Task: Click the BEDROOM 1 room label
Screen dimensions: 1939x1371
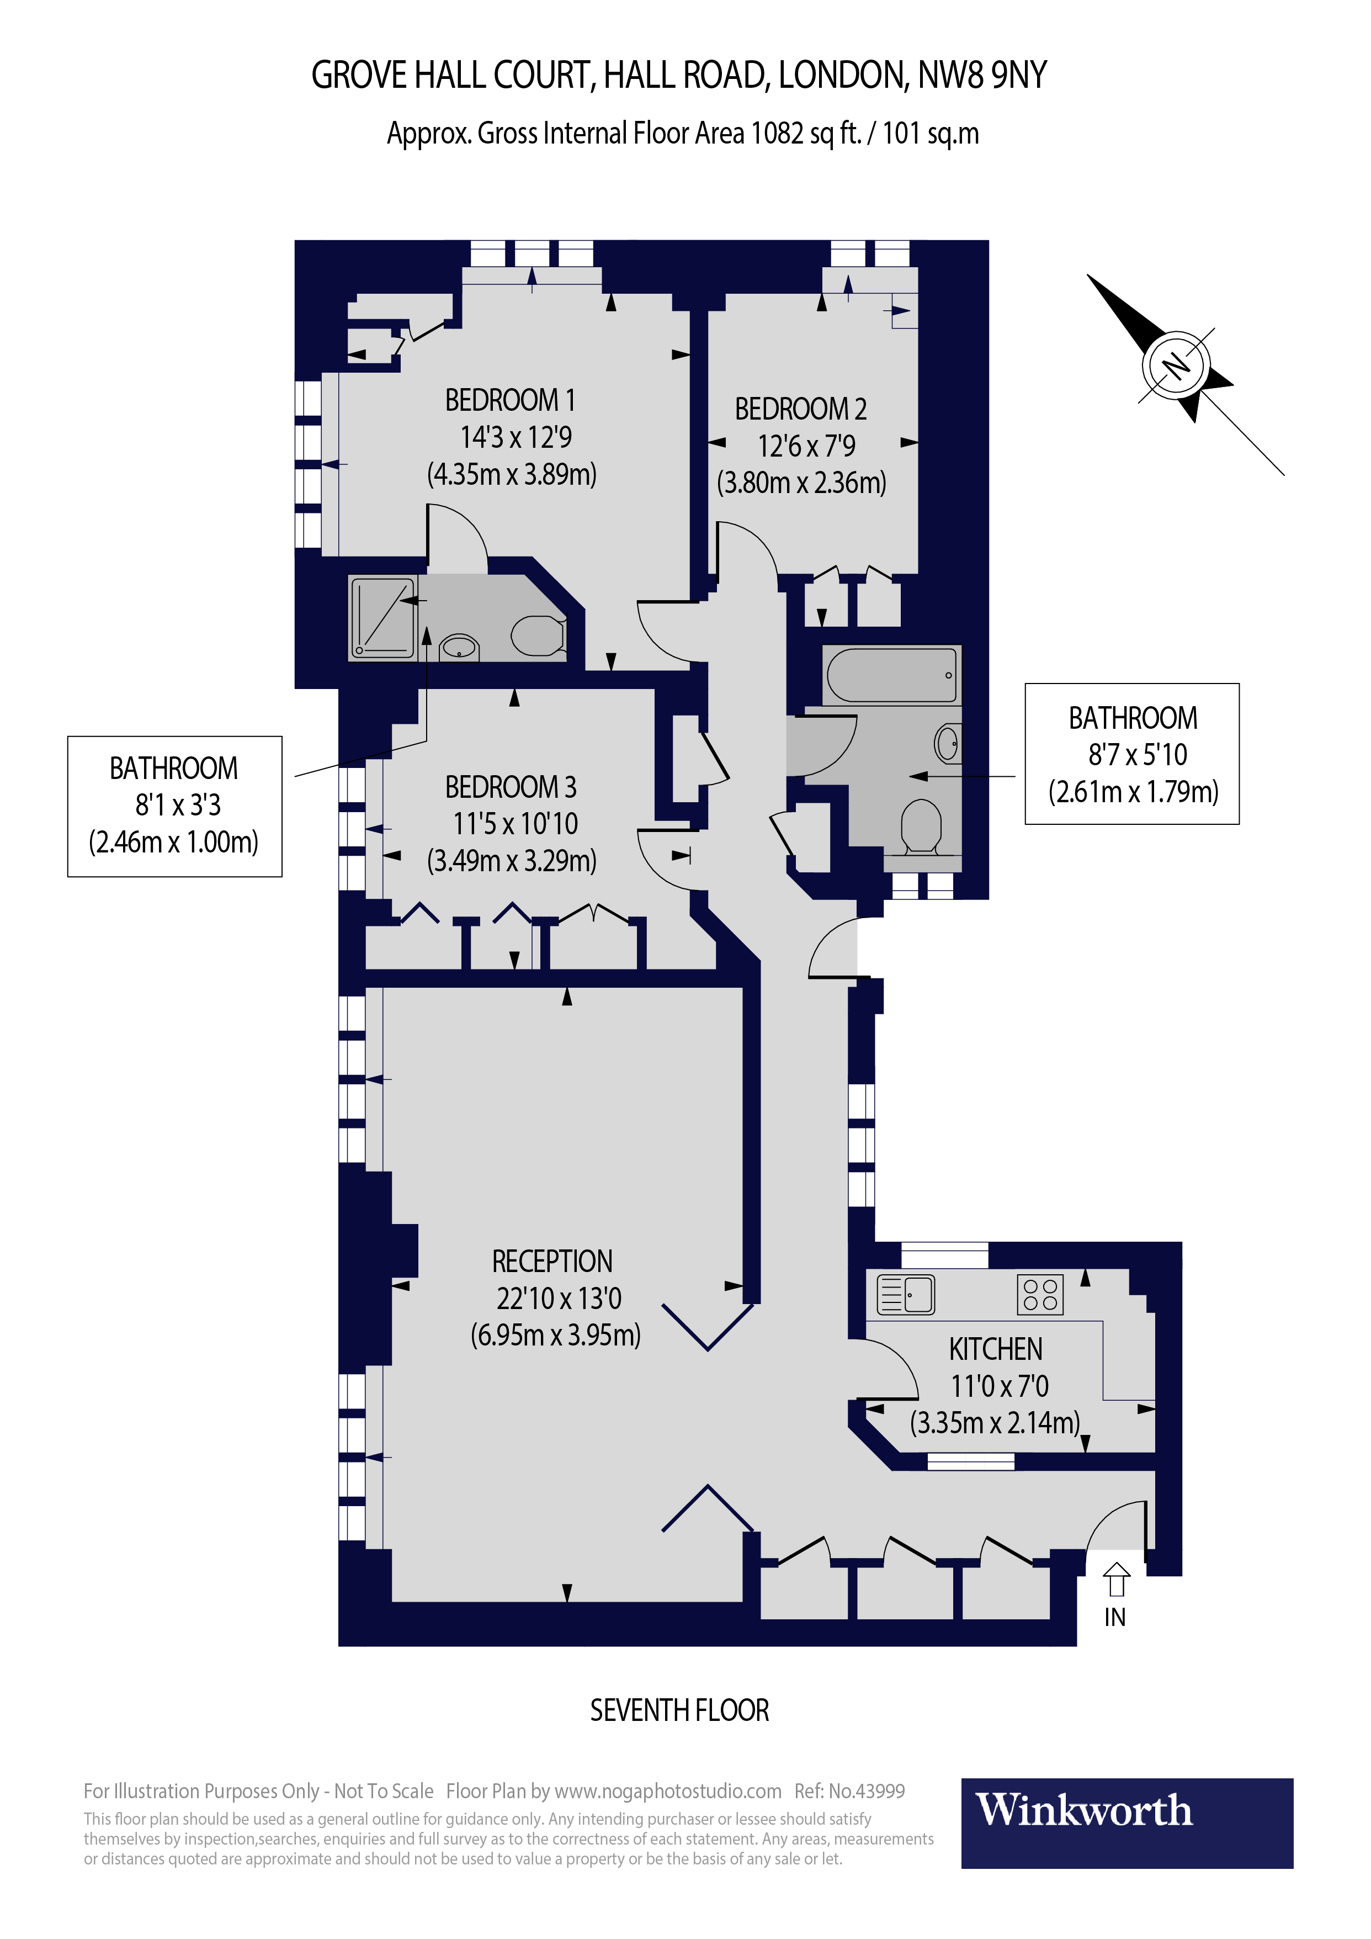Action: tap(510, 400)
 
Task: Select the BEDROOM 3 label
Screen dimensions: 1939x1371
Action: tap(510, 787)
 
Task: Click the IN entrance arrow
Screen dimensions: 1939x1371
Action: tap(1116, 1579)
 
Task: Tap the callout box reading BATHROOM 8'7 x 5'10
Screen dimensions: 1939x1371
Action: tap(1131, 753)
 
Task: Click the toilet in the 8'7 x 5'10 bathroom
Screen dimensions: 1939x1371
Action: tap(921, 825)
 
